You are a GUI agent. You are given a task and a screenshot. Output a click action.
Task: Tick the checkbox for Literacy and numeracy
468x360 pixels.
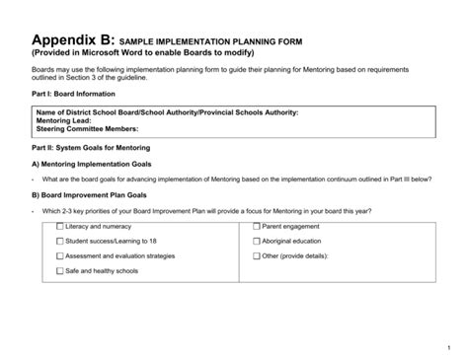[x=60, y=226]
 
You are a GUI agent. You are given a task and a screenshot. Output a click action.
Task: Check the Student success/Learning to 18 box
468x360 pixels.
[x=60, y=241]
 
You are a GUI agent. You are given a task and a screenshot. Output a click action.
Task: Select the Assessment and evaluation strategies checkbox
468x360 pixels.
[x=60, y=255]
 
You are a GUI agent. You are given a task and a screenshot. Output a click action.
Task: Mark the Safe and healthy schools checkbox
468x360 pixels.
[x=60, y=270]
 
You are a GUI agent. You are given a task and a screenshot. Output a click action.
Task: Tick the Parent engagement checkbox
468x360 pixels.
[x=257, y=226]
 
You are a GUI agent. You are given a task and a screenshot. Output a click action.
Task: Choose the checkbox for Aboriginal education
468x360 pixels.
[x=257, y=241]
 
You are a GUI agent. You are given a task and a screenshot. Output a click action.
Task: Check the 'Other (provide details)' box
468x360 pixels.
[x=257, y=255]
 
